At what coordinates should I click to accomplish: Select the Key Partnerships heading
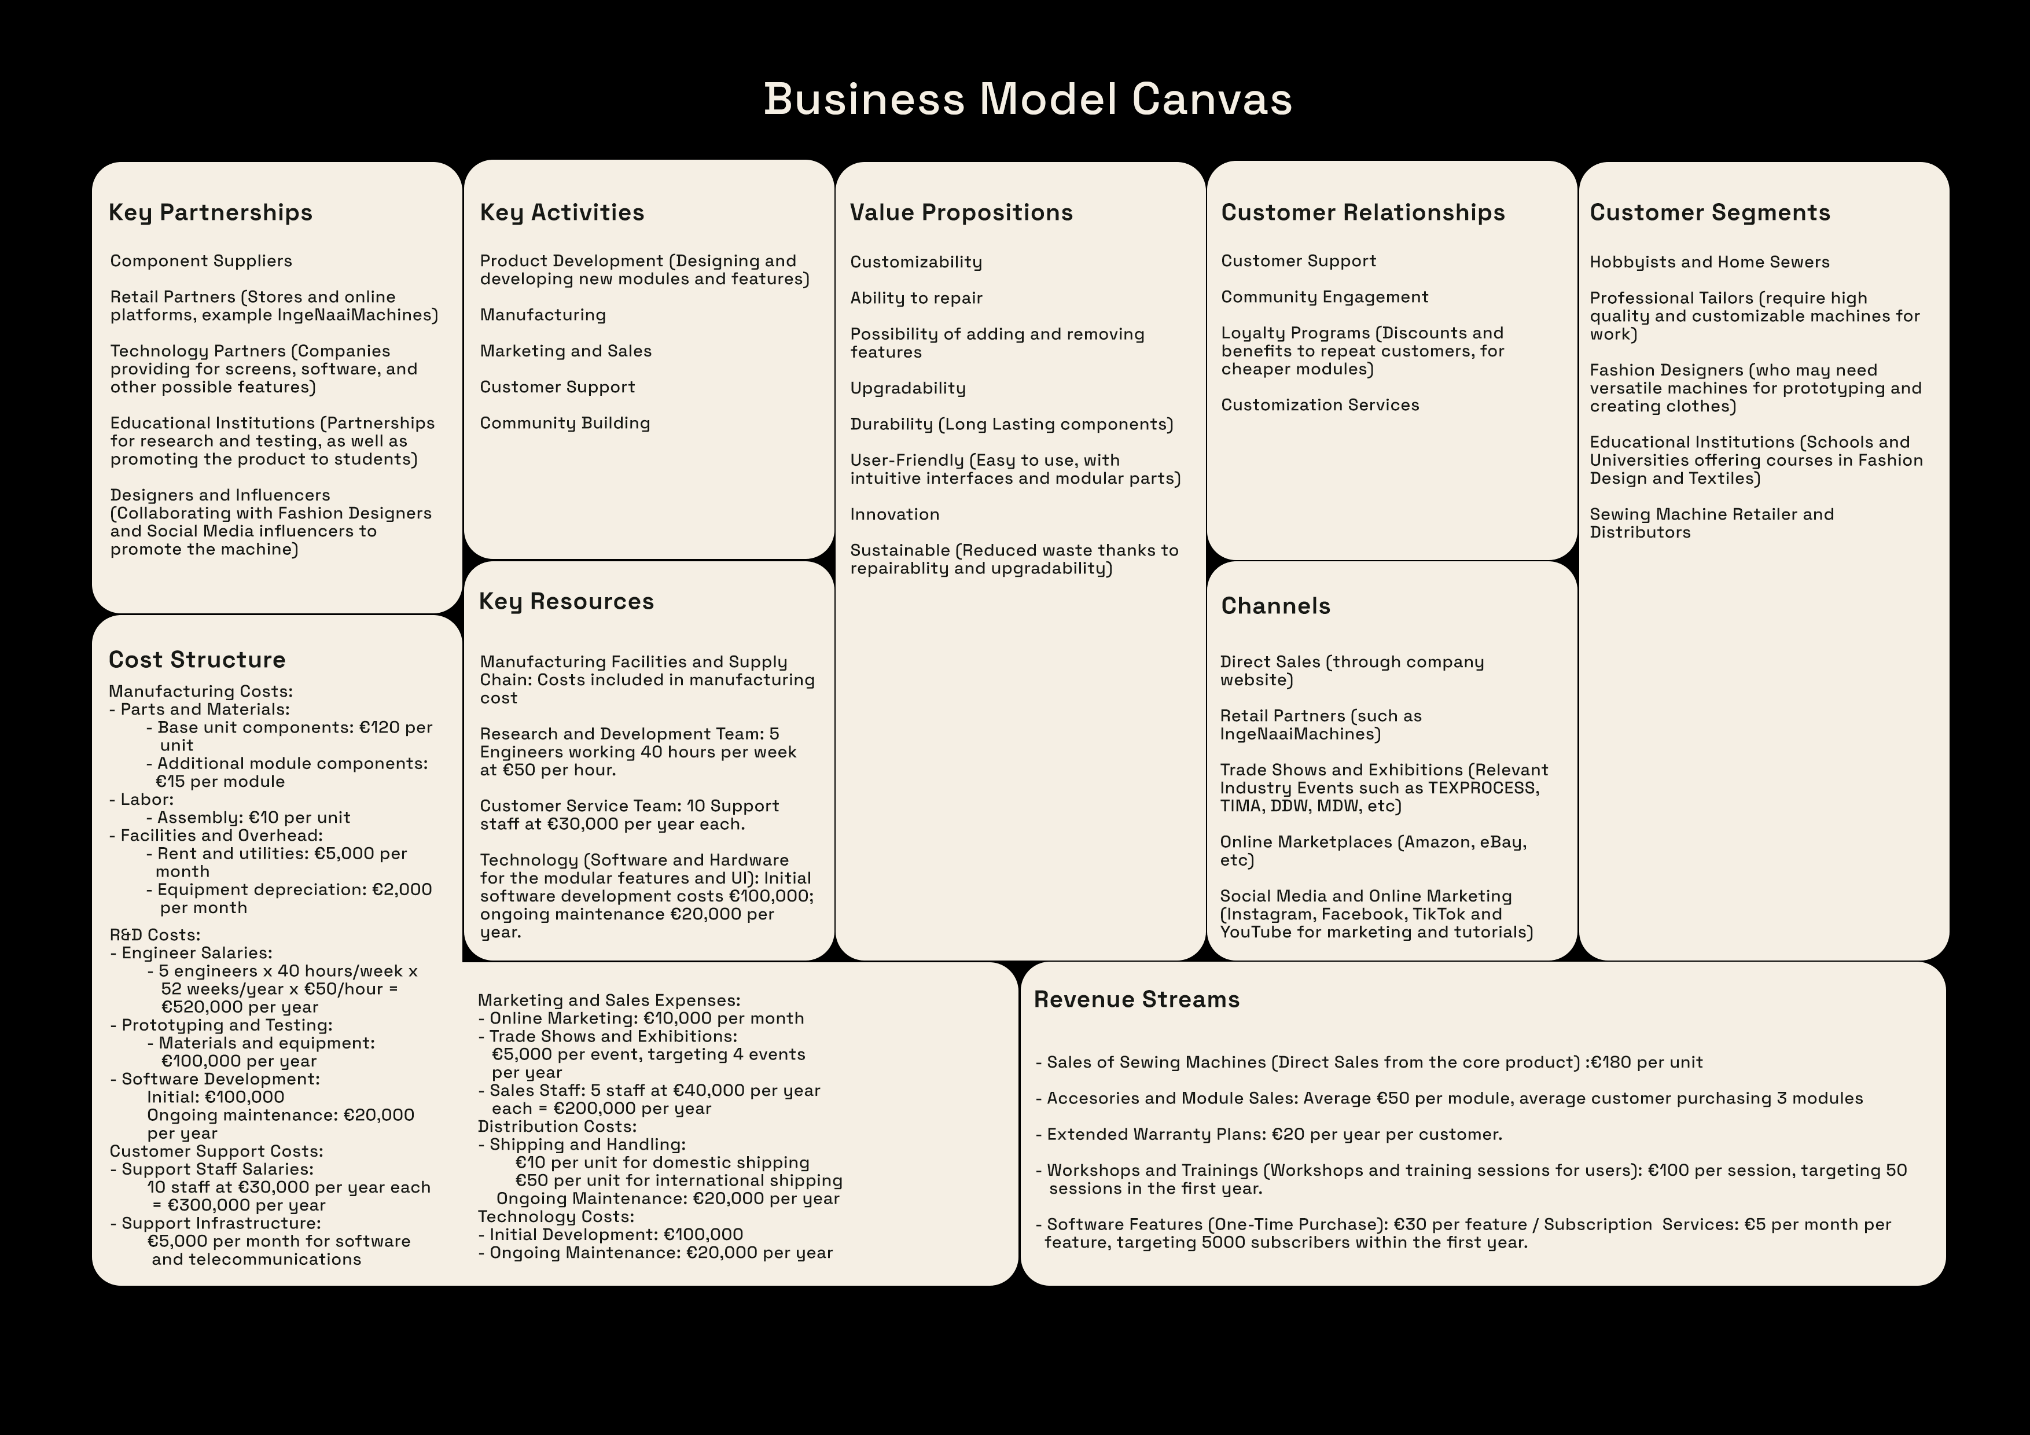(x=211, y=213)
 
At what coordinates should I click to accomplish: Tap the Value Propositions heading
(x=961, y=213)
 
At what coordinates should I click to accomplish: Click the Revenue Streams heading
(x=1136, y=999)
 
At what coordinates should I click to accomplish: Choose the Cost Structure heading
(x=197, y=660)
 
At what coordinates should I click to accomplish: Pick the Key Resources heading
(x=566, y=602)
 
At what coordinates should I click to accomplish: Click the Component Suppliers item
(x=201, y=261)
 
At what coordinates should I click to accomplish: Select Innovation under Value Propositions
(x=895, y=514)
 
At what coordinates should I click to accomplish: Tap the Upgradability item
(x=908, y=388)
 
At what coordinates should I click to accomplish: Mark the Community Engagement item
(x=1325, y=297)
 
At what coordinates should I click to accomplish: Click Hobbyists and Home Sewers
(x=1709, y=262)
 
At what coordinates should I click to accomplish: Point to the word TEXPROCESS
(x=1483, y=788)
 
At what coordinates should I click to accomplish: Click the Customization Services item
(x=1320, y=405)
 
